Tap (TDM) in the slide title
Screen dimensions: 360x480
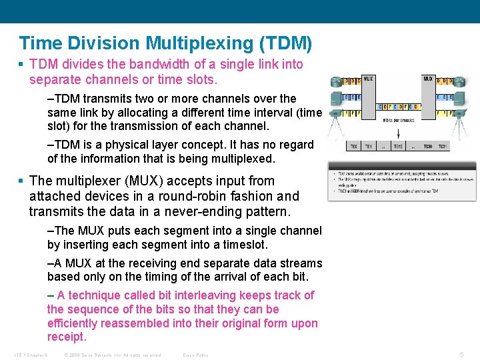click(286, 43)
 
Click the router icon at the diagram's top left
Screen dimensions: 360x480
click(335, 82)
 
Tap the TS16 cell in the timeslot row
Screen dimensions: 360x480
click(397, 146)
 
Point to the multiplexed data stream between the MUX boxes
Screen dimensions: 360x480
click(398, 106)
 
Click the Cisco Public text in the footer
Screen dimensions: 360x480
click(195, 355)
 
